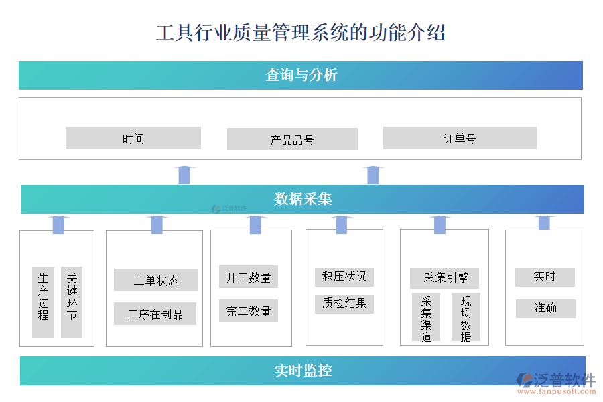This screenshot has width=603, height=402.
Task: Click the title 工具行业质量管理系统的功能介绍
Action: tap(301, 32)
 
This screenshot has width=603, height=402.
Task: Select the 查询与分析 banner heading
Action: tap(301, 75)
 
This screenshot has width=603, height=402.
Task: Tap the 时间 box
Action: tap(133, 139)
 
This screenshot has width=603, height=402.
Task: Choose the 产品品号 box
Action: tap(292, 139)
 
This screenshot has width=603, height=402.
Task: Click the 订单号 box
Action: tap(460, 139)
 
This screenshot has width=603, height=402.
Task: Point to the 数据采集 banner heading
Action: tap(303, 199)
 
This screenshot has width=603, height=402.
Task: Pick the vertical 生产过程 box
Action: tap(44, 302)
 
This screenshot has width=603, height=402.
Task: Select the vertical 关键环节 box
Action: tap(72, 302)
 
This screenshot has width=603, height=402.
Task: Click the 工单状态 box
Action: tap(156, 280)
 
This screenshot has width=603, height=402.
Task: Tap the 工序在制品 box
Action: tap(155, 314)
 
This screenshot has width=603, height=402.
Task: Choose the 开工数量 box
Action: tap(249, 277)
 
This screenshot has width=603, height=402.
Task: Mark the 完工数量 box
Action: tap(249, 310)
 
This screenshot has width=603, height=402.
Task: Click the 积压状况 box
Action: tap(344, 276)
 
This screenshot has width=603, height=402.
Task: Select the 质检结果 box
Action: tap(344, 304)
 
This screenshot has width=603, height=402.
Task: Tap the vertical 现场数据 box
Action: tap(466, 318)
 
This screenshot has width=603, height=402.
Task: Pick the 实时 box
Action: tap(545, 277)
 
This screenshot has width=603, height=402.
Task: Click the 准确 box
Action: tap(545, 308)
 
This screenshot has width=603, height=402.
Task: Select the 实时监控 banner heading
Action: tap(303, 371)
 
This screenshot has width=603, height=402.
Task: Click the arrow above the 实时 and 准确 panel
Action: tap(544, 223)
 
